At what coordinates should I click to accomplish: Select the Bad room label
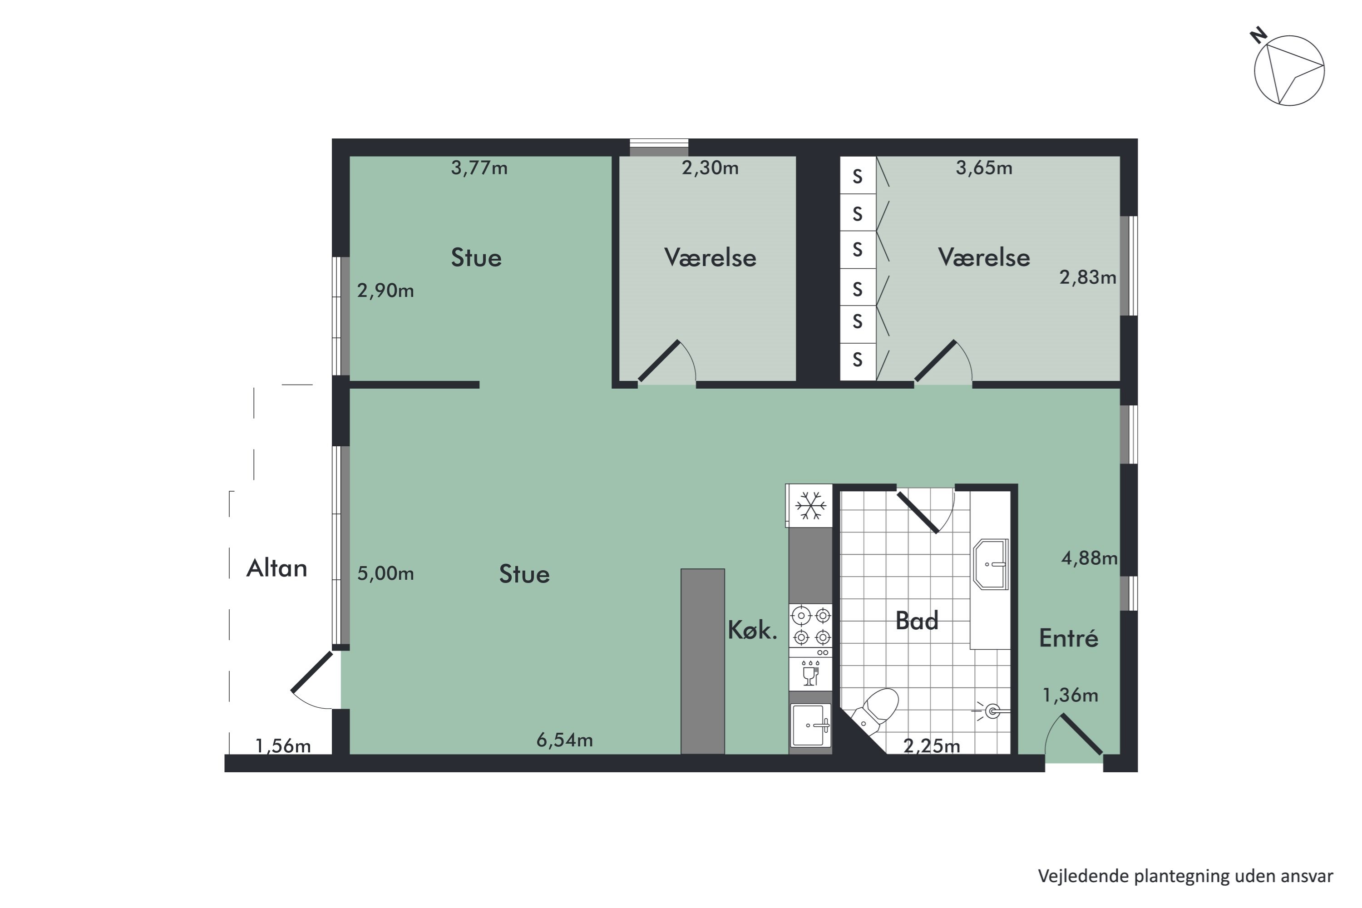point(917,621)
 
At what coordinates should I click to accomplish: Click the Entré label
point(1068,638)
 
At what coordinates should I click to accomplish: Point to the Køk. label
point(752,630)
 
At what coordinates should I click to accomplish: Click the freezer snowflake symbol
point(810,506)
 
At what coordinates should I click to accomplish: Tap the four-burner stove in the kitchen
point(811,626)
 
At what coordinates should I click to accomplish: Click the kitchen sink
point(810,725)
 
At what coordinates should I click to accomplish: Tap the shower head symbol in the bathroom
point(992,711)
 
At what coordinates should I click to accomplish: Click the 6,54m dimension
point(565,740)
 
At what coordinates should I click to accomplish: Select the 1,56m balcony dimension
point(283,746)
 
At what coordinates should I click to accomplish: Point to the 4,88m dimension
point(1089,558)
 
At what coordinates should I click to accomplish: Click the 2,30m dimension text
point(710,168)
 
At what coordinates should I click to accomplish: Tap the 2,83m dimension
point(1087,277)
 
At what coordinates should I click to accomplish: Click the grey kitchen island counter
point(702,661)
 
